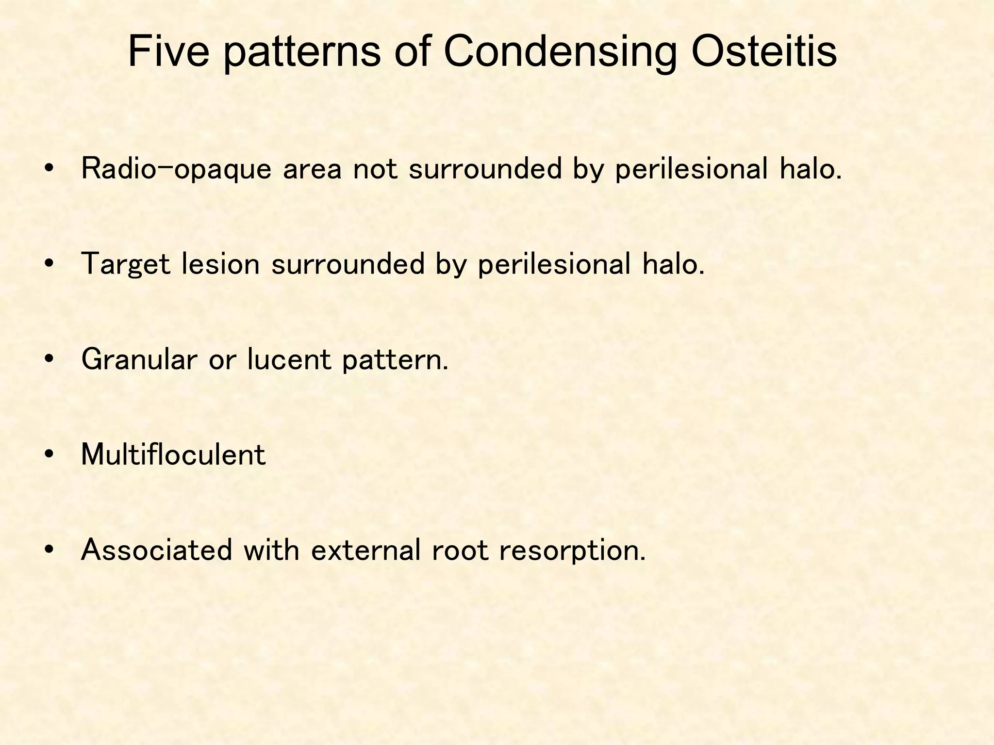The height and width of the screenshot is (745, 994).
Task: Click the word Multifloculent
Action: coord(173,455)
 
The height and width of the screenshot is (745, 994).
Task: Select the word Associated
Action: coord(156,551)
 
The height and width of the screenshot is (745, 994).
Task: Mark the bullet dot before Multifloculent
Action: coord(48,455)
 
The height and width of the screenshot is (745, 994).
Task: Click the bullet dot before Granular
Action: coord(48,359)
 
